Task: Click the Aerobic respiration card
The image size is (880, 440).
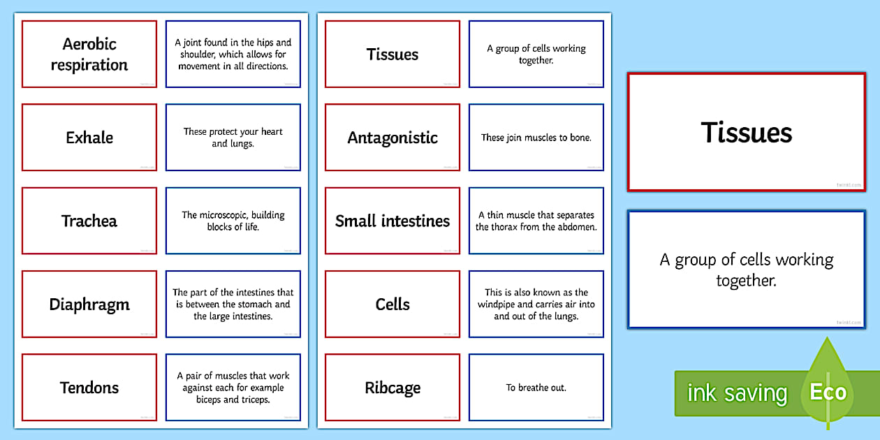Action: [x=89, y=54]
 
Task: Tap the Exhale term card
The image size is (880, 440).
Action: [x=89, y=138]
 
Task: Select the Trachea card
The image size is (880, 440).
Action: [x=89, y=221]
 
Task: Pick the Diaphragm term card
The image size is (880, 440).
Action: [x=89, y=305]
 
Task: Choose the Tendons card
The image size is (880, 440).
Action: [x=89, y=388]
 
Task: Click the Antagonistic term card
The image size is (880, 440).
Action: [x=393, y=138]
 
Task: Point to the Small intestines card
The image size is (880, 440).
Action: [x=393, y=221]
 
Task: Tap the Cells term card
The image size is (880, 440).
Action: [x=393, y=305]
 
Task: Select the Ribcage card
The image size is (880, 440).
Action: [x=393, y=388]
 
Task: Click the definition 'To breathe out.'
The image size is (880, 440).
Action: [x=536, y=388]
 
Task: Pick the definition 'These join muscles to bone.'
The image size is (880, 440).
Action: [x=536, y=138]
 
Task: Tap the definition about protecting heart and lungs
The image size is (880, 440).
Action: [x=233, y=138]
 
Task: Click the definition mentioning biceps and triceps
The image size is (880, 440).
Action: [x=233, y=388]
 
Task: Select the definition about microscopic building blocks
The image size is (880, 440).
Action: [x=233, y=221]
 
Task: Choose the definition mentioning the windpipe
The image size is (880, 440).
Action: [x=536, y=305]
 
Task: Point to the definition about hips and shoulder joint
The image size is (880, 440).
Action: [x=233, y=54]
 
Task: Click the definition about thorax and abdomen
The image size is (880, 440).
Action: [x=536, y=221]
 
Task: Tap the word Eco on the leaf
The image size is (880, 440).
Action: [x=828, y=392]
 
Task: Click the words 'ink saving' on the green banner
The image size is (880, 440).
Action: [x=736, y=393]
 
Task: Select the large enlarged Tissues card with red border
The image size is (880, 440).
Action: [x=746, y=132]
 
